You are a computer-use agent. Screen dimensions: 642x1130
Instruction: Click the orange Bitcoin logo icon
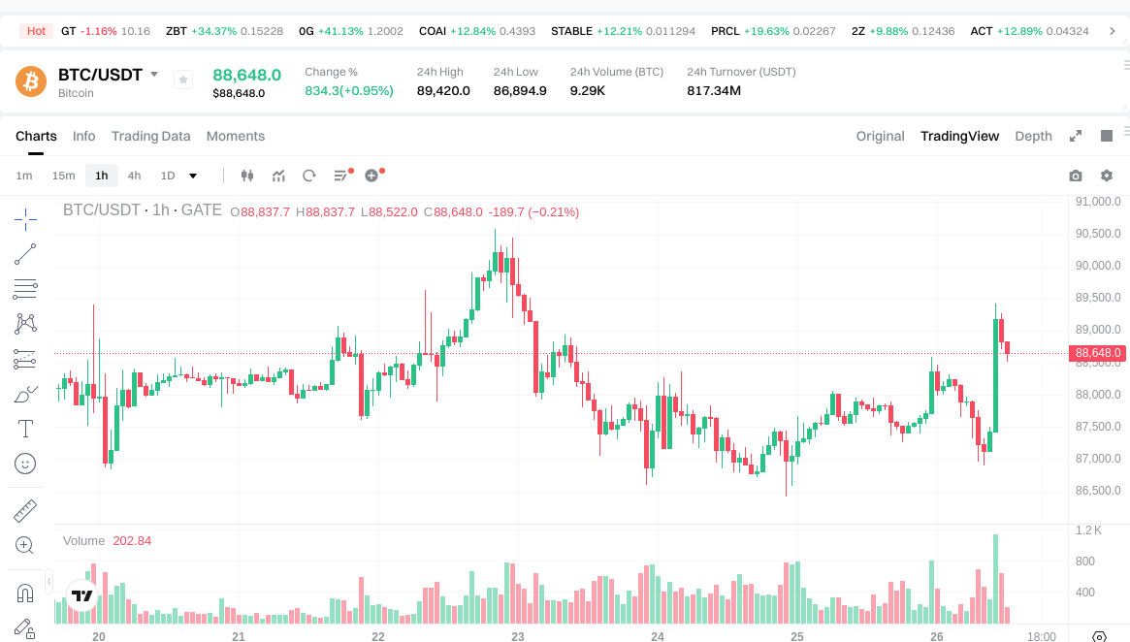tap(31, 81)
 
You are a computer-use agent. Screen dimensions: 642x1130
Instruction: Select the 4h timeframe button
tap(134, 176)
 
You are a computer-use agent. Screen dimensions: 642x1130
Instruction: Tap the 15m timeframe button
tap(63, 176)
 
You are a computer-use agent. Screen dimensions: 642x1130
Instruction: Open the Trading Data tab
tap(150, 136)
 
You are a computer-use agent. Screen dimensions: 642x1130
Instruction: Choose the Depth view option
tap(1033, 136)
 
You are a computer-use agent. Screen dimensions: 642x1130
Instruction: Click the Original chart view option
tap(880, 136)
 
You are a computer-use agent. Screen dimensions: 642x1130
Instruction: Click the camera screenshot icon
tap(1075, 176)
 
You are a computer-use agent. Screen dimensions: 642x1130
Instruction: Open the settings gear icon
tap(1106, 176)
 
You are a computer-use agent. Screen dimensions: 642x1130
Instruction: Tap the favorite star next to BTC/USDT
tap(183, 80)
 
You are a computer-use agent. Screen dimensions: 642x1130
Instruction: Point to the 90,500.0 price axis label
tap(1098, 234)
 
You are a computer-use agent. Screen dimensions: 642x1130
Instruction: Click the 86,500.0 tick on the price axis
tap(1098, 491)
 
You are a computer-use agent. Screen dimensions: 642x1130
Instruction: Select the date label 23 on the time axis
tap(518, 637)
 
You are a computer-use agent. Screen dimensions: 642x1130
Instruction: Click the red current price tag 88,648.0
tap(1098, 353)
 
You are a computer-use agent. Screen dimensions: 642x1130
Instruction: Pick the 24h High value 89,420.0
tap(443, 91)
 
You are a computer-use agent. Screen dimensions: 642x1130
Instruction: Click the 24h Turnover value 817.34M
tap(714, 91)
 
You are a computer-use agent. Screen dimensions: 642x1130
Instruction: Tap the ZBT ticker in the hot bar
tap(176, 31)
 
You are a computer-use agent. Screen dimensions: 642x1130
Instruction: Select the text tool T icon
tap(26, 428)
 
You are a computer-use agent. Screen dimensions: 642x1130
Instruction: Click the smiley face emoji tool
tap(26, 464)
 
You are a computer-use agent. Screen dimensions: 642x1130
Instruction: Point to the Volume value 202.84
tap(132, 540)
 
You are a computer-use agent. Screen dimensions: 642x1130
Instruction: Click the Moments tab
tap(235, 136)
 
